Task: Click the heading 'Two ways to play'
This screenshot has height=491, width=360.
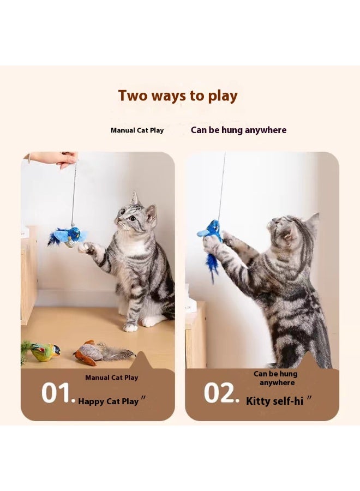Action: coord(178,96)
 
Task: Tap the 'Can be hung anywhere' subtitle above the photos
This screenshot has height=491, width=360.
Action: coord(238,130)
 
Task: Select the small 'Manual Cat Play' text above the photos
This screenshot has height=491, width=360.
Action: coord(137,130)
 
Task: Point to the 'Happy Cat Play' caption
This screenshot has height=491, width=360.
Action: coord(109,402)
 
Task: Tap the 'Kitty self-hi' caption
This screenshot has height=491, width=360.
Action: coord(275,402)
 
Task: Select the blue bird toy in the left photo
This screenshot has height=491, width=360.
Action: coord(71,236)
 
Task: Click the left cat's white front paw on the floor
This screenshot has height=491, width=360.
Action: coord(130,327)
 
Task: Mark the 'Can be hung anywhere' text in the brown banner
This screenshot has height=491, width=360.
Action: coord(275,378)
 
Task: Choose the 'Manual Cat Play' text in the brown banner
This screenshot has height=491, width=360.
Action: coord(111,378)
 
